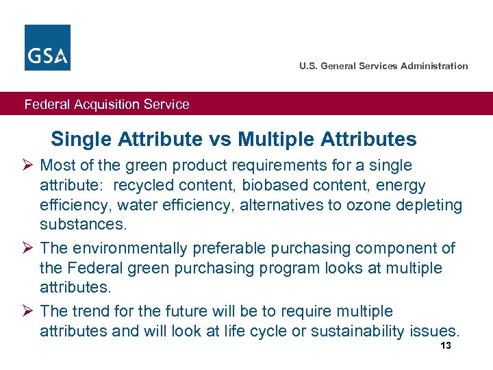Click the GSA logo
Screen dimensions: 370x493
click(x=47, y=47)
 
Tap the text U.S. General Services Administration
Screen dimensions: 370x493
click(x=383, y=66)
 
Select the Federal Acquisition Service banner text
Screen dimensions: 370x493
click(x=107, y=104)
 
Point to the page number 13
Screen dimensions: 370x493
click(x=446, y=346)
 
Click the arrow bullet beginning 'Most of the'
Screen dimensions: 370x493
click(x=28, y=165)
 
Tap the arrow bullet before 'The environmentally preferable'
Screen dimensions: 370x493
click(x=28, y=248)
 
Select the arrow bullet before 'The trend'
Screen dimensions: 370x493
click(x=28, y=312)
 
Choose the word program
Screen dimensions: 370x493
click(x=305, y=268)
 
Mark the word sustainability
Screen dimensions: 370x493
click(x=358, y=332)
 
